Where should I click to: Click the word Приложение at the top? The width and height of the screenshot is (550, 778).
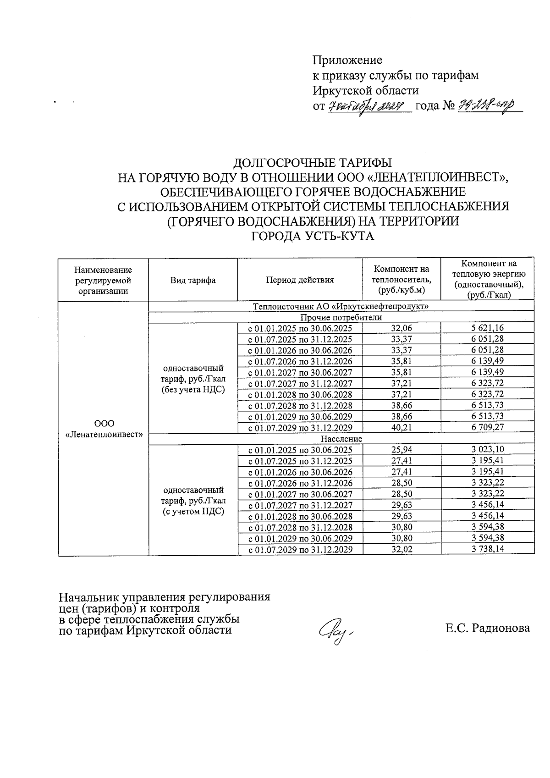point(347,60)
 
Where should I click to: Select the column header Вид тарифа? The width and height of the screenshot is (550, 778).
point(193,280)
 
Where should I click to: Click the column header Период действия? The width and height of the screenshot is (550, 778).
point(300,280)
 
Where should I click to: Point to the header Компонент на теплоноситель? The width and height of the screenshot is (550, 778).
point(401,280)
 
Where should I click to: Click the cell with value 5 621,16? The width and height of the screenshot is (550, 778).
point(487,328)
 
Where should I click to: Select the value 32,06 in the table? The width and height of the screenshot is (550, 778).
point(401,328)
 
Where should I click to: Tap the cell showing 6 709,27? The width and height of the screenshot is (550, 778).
point(487,427)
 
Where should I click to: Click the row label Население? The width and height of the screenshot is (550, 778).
point(341,439)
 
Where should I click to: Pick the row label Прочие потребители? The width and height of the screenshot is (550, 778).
point(341,317)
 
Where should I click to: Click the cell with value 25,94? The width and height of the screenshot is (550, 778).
point(401,450)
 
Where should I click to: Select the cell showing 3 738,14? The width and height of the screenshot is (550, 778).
point(487,549)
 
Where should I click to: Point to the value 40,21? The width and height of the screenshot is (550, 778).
point(401,427)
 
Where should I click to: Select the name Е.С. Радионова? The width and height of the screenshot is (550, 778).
point(487,628)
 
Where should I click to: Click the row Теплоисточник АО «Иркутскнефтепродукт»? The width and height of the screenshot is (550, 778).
point(341,306)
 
